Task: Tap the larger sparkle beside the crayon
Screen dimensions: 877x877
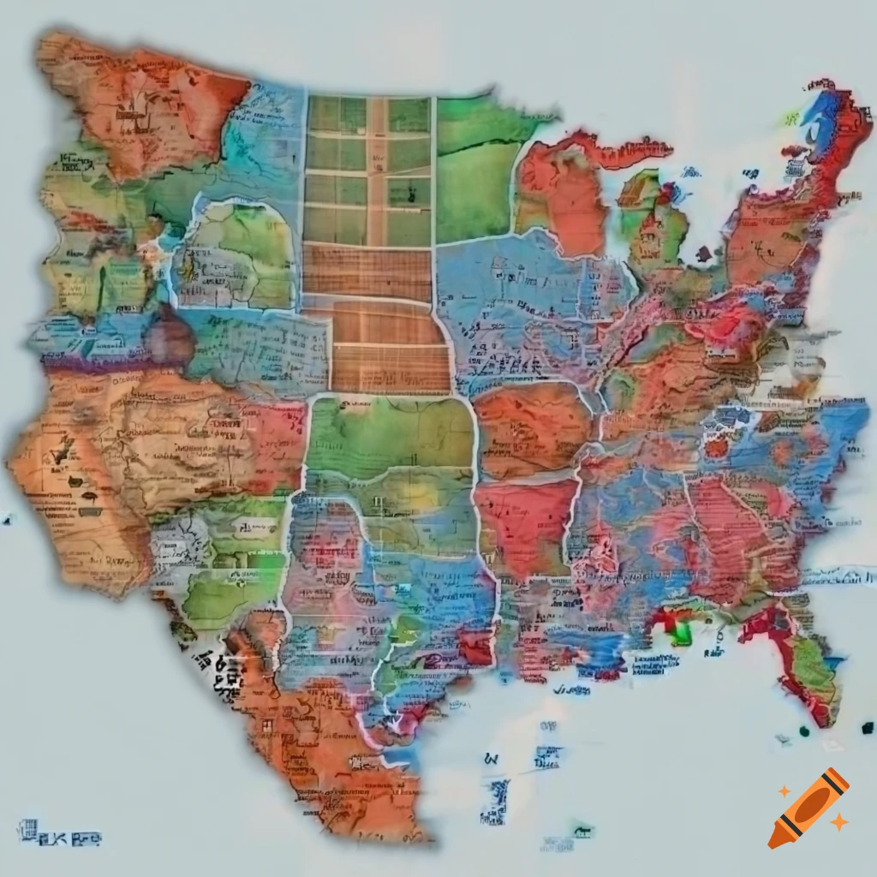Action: tap(839, 822)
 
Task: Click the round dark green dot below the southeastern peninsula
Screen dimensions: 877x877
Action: tap(804, 731)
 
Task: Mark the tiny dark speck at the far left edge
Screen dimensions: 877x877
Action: tap(8, 519)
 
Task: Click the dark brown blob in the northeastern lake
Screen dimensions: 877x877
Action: tap(704, 254)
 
